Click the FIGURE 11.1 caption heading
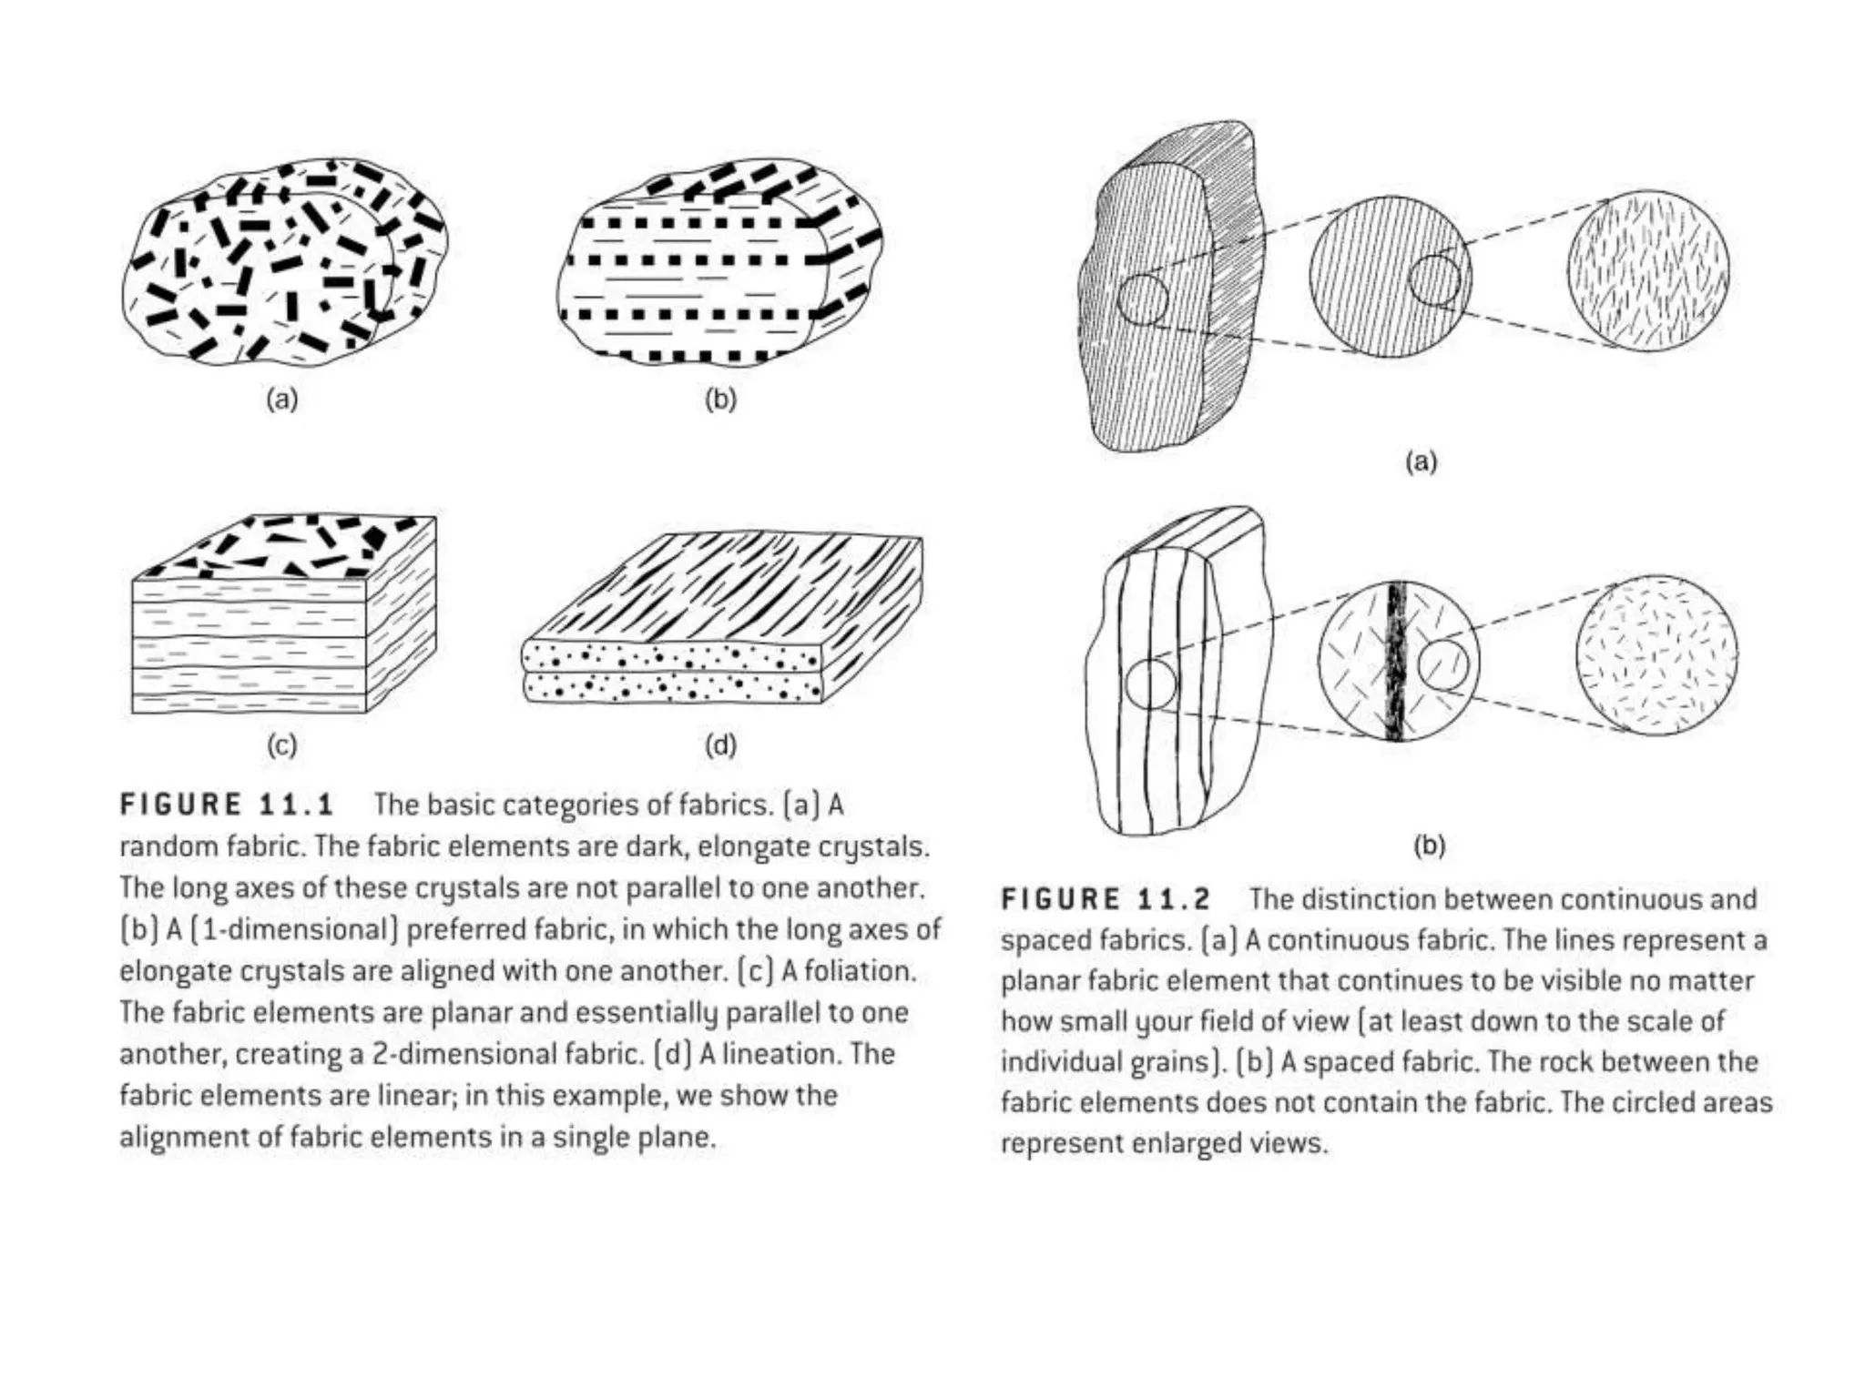pos(228,805)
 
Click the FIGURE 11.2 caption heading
pos(1106,899)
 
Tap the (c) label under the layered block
pos(281,745)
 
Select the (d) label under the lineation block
pos(720,745)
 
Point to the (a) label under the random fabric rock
pos(281,399)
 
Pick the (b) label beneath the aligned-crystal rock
pos(720,399)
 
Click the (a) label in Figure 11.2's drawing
pos(1421,462)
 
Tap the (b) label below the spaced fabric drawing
pos(1429,846)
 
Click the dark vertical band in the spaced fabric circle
pos(1396,661)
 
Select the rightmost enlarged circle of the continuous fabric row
pos(1648,271)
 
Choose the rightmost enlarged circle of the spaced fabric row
pos(1656,655)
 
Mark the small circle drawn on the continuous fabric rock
pos(1143,299)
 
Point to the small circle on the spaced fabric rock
pos(1150,684)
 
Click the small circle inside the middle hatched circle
pos(1435,279)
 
